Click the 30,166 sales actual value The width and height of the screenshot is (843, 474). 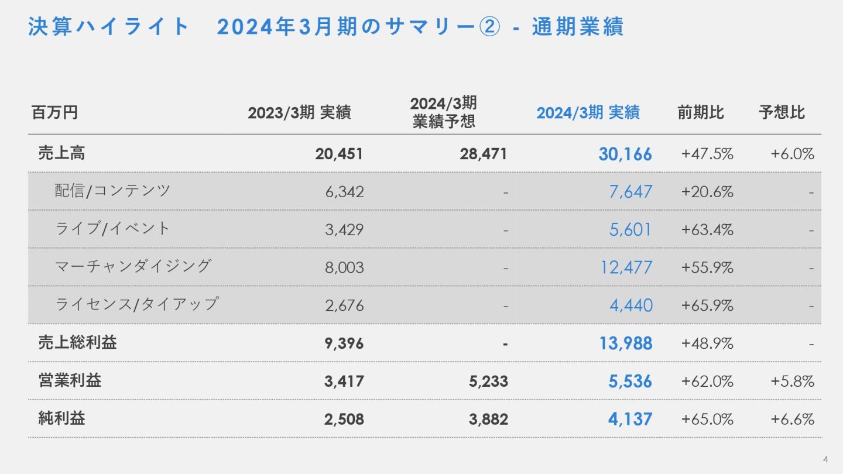point(625,154)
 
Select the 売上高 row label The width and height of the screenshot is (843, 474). point(61,153)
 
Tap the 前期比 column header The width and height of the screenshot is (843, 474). point(701,112)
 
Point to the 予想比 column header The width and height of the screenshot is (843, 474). point(782,112)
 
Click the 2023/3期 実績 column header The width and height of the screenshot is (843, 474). point(299,113)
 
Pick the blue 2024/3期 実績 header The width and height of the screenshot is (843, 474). point(588,113)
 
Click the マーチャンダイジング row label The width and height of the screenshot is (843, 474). point(133,266)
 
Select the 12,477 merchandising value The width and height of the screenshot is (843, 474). point(626,267)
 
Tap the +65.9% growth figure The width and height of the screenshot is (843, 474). point(707,305)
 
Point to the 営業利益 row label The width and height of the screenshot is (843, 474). point(70,381)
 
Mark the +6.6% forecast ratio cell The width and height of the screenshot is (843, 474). point(792,419)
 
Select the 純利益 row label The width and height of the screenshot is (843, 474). point(61,419)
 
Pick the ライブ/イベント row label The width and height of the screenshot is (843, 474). point(112,228)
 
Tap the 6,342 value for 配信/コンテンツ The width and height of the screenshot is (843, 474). point(344,192)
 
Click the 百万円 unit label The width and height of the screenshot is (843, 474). point(54,113)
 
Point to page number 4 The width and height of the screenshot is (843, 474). point(825,458)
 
